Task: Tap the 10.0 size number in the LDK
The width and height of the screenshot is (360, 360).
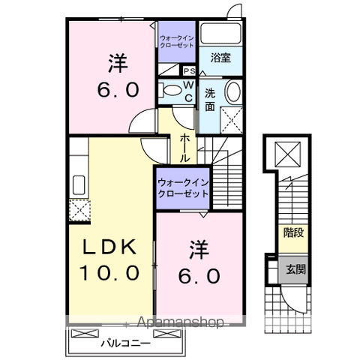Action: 109,272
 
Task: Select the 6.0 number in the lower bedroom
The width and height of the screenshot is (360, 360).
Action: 199,276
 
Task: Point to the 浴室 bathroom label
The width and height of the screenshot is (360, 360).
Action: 220,56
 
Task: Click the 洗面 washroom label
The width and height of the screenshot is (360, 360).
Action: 211,100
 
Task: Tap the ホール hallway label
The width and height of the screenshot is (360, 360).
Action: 185,148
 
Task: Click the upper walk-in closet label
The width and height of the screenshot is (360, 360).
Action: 177,40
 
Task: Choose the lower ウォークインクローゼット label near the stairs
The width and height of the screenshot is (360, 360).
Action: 182,187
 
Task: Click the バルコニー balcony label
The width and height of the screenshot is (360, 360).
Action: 125,343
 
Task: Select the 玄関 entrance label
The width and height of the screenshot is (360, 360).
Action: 293,270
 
